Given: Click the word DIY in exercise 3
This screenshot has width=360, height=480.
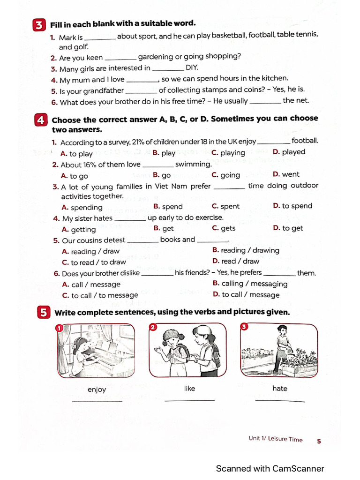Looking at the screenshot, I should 192,67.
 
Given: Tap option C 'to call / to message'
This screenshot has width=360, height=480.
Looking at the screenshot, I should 100,295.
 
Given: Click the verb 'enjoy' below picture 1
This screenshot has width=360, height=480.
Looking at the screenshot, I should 97,390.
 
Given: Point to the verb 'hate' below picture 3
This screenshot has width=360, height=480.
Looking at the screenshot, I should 280,389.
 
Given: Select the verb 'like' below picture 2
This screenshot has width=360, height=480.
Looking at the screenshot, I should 189,389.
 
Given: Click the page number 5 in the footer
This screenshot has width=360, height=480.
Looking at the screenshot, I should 319,441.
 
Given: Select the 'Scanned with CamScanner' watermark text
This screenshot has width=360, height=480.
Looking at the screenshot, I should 270,468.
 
